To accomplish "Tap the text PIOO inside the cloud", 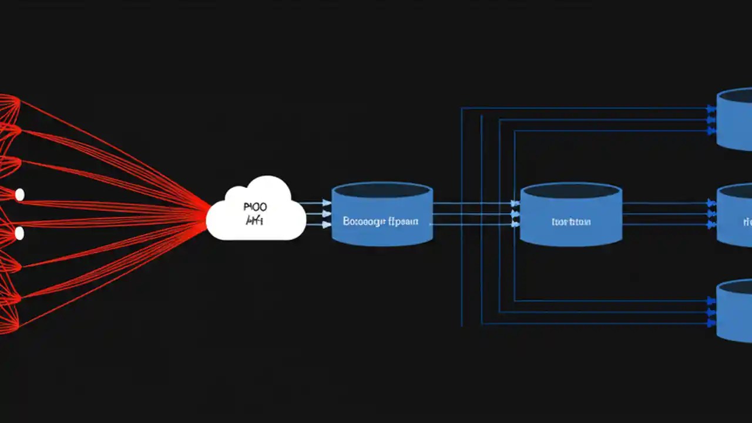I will coord(254,207).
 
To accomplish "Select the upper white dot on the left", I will coord(19,194).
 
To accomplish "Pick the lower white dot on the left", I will coord(19,233).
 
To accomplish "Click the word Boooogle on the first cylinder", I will coord(362,221).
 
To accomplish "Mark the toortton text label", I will coord(571,222).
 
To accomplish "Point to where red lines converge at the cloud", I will coord(208,214).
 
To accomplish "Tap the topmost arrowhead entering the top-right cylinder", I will coord(711,109).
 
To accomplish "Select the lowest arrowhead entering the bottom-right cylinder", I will coord(711,323).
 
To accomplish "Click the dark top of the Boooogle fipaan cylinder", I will coord(382,190).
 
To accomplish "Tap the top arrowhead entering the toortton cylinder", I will coord(515,203).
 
